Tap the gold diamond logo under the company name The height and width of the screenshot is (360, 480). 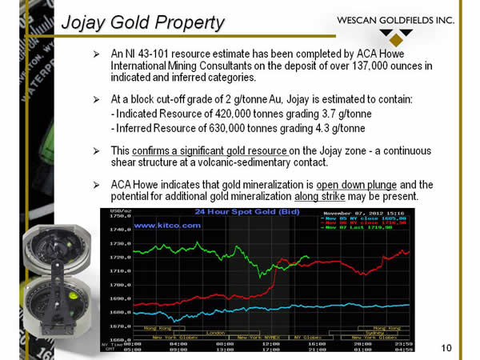pyautogui.click(x=396, y=37)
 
